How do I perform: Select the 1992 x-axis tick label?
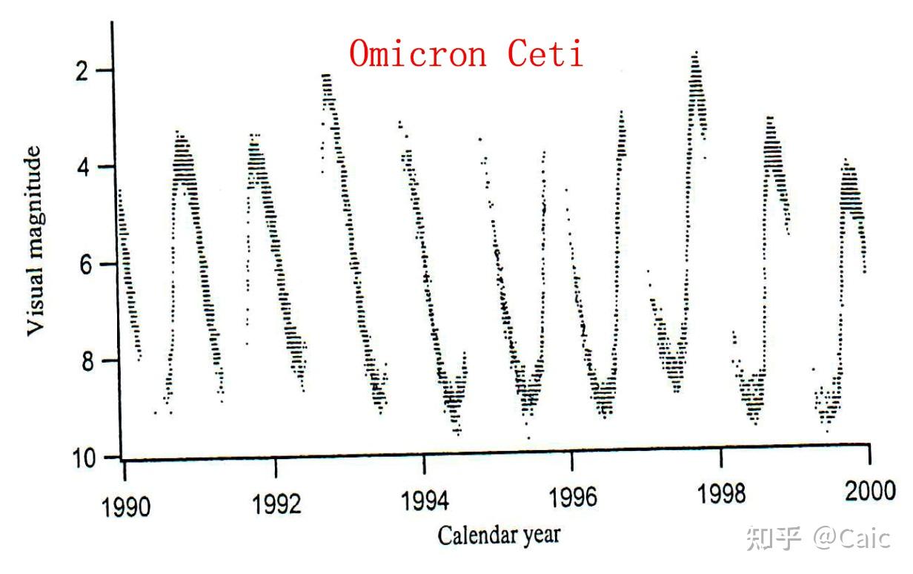[276, 504]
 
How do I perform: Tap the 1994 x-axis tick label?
[425, 501]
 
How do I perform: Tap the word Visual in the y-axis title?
[35, 297]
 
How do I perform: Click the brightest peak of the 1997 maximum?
[695, 53]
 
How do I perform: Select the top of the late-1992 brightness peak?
[326, 75]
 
